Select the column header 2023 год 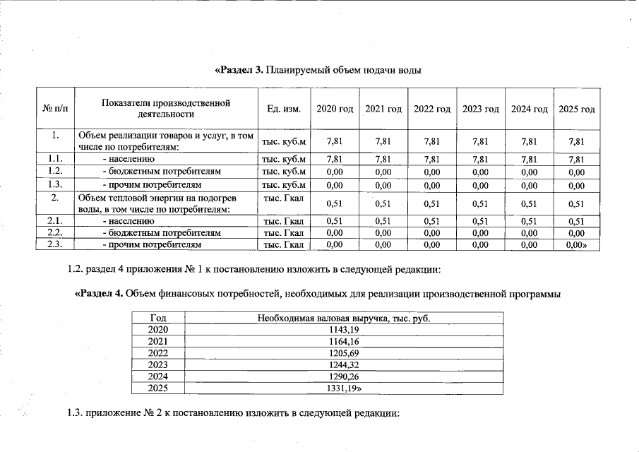pyautogui.click(x=481, y=109)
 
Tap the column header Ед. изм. pyautogui.click(x=284, y=109)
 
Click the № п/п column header pyautogui.click(x=56, y=109)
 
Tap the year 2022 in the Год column pyautogui.click(x=158, y=353)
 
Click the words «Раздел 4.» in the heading pyautogui.click(x=99, y=295)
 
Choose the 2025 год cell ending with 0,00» pyautogui.click(x=577, y=244)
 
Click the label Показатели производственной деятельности pyautogui.click(x=166, y=109)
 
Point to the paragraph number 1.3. pyautogui.click(x=75, y=414)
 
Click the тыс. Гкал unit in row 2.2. pyautogui.click(x=284, y=232)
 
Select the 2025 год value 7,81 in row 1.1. pyautogui.click(x=576, y=160)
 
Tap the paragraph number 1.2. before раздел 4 pyautogui.click(x=75, y=270)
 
